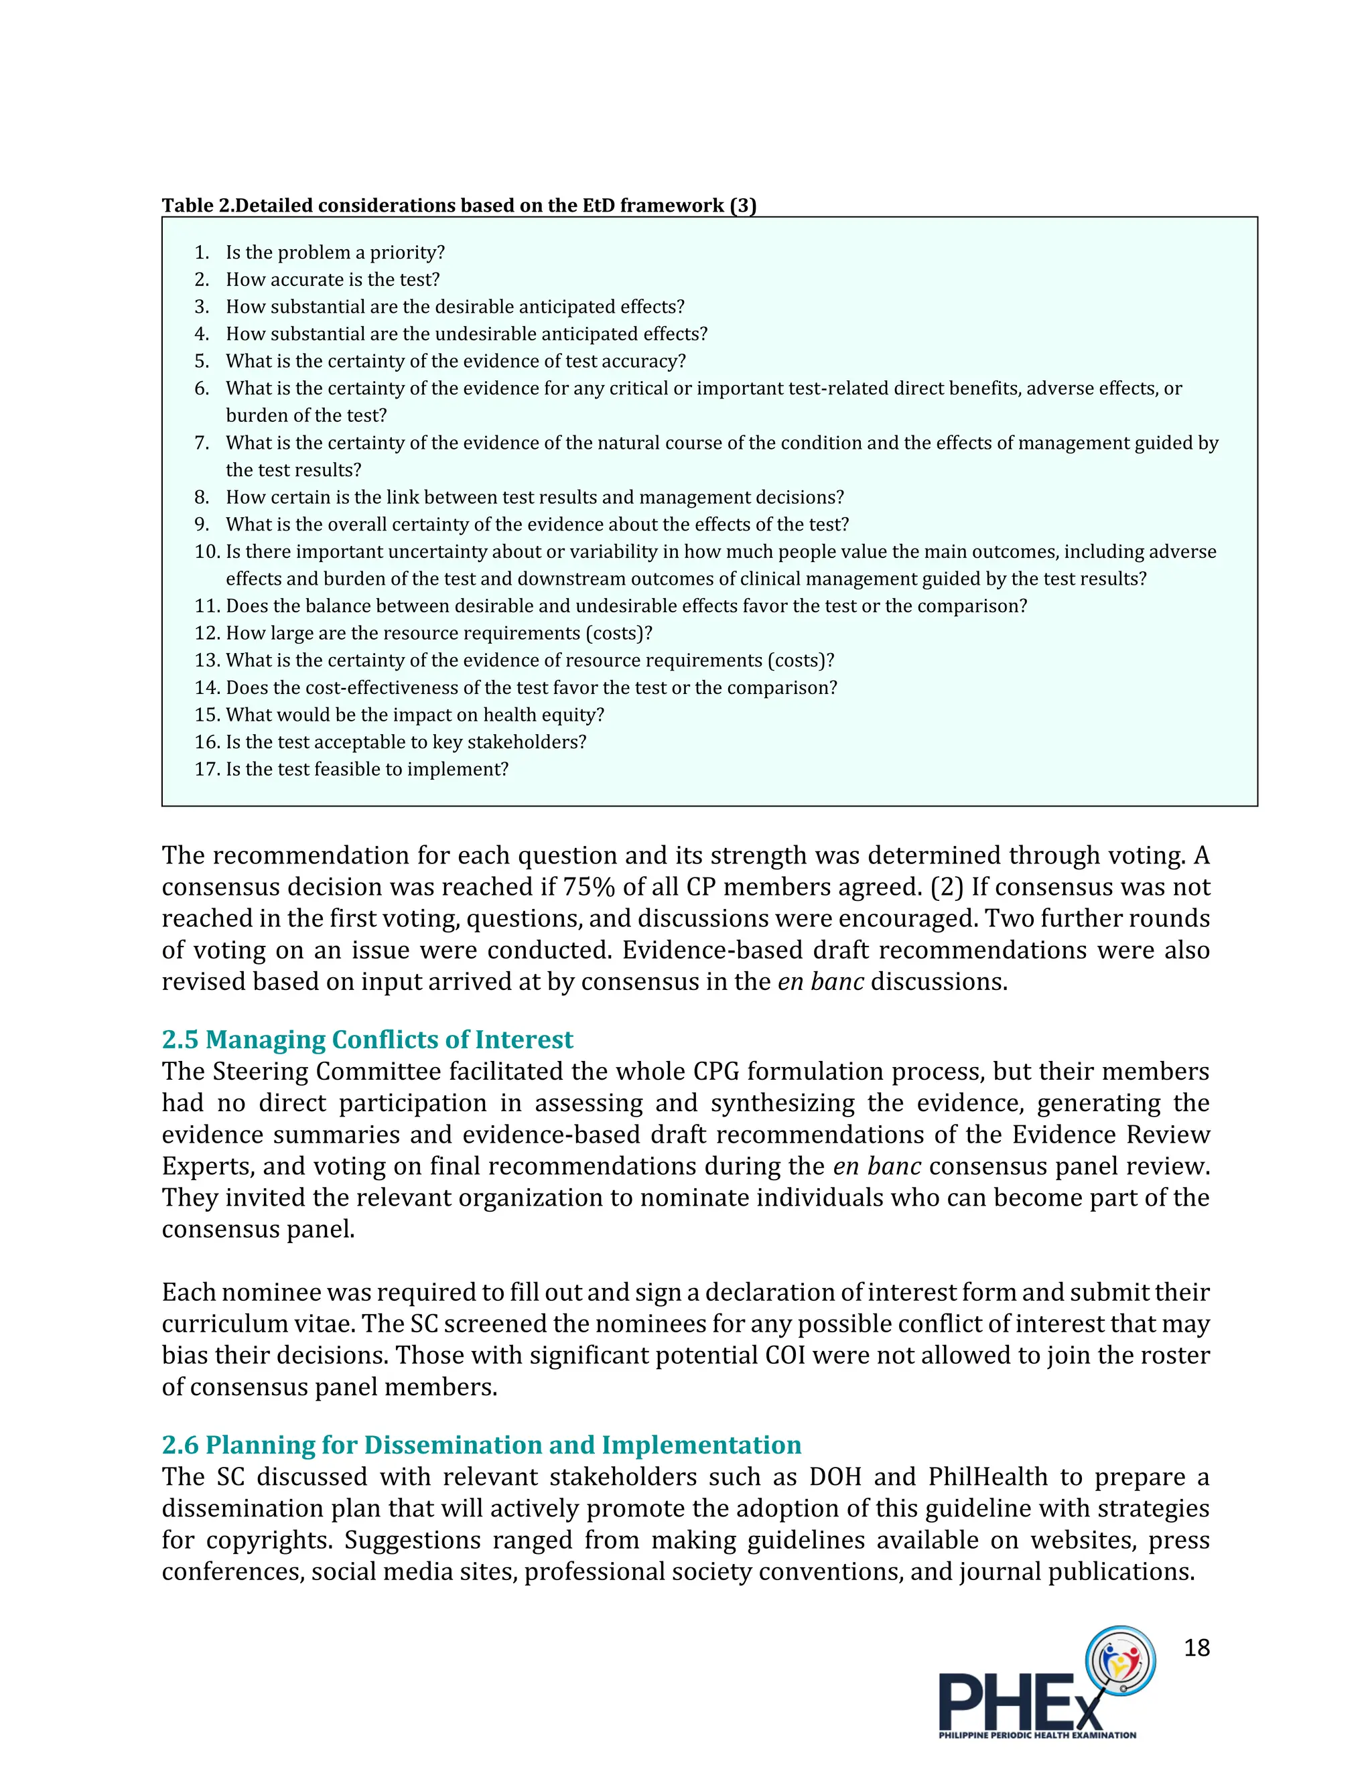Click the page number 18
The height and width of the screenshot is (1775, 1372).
1196,1648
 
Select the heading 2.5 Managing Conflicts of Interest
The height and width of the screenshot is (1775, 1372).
366,1040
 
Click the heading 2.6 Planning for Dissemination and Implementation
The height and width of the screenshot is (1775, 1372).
481,1444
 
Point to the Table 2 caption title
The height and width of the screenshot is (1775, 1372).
458,206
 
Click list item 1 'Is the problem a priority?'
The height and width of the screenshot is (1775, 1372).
335,253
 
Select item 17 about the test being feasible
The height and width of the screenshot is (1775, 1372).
366,769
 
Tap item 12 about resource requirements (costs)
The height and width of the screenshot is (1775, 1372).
439,633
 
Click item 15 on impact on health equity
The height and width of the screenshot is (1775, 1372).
415,715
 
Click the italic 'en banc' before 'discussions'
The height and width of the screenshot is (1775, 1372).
820,982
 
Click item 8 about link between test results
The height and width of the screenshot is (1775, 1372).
534,498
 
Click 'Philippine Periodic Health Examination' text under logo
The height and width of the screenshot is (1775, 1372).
1037,1735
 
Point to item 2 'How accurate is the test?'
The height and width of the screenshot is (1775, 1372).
332,279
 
